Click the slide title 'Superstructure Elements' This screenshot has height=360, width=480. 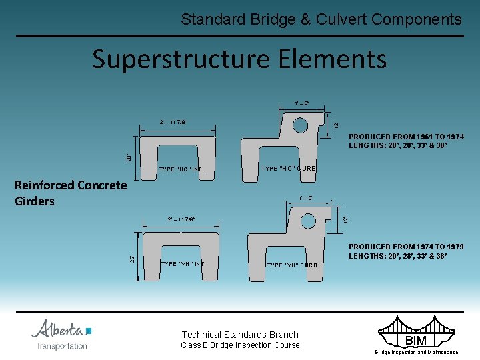pyautogui.click(x=239, y=59)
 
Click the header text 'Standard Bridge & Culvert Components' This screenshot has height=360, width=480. pyautogui.click(x=321, y=19)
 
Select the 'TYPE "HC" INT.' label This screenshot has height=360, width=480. pyautogui.click(x=181, y=169)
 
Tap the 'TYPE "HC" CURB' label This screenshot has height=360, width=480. pyautogui.click(x=289, y=169)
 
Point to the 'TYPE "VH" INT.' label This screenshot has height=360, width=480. pyautogui.click(x=183, y=264)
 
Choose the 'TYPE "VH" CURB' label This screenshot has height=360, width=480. pyautogui.click(x=292, y=265)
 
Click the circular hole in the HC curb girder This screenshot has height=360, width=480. pyautogui.click(x=300, y=125)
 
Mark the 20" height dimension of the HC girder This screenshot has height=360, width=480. pyautogui.click(x=129, y=158)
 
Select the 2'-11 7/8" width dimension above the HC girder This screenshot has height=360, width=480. pyautogui.click(x=173, y=122)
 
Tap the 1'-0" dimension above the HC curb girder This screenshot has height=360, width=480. pyautogui.click(x=301, y=103)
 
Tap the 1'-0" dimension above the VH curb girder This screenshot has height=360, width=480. pyautogui.click(x=306, y=198)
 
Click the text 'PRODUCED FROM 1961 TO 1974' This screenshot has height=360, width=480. pyautogui.click(x=406, y=137)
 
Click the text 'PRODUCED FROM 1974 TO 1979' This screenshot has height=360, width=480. pyautogui.click(x=406, y=247)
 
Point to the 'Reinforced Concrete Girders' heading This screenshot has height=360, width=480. pyautogui.click(x=70, y=193)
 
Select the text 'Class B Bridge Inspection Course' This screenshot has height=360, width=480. pyautogui.click(x=240, y=345)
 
